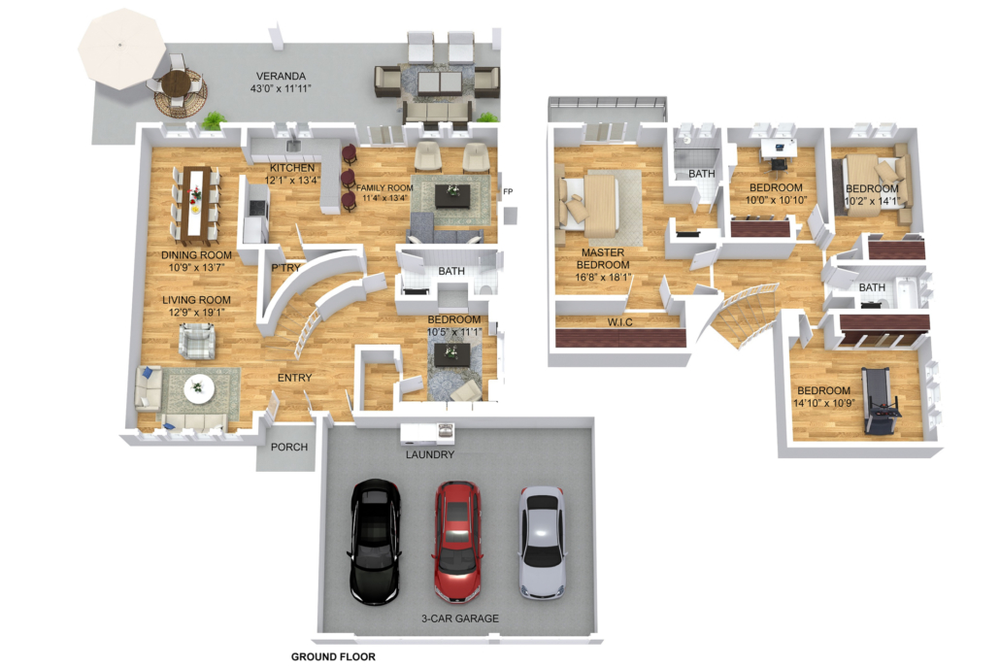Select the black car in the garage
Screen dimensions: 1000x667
(375, 542)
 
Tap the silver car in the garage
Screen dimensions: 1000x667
(542, 543)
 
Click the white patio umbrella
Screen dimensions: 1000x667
(121, 50)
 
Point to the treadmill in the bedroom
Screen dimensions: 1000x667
(881, 401)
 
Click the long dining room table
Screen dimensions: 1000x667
(195, 205)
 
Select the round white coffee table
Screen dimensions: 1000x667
(199, 388)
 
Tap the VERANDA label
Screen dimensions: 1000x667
(281, 76)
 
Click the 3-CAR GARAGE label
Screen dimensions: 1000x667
(460, 618)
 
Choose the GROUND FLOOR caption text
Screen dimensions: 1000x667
(333, 656)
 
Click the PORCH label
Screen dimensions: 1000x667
(289, 447)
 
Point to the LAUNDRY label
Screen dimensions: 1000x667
(430, 454)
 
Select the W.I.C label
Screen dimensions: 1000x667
(619, 322)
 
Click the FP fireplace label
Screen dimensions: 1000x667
(508, 191)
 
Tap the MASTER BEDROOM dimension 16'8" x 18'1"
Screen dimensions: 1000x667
(603, 278)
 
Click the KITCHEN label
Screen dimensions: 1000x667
(292, 168)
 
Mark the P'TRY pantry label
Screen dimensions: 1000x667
(285, 268)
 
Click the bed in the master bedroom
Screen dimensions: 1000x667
(589, 204)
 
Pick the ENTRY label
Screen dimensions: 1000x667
(294, 378)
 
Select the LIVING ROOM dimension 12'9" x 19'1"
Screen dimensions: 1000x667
(196, 313)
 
